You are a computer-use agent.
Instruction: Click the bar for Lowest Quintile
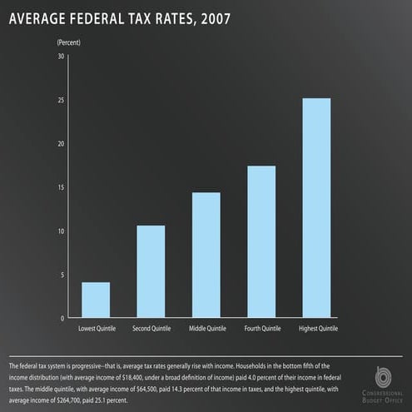[96, 300]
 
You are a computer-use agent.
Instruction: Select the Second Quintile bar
[151, 272]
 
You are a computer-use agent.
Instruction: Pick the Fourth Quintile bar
[261, 242]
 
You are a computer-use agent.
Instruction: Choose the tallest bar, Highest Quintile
[316, 208]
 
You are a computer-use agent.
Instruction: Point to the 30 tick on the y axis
[60, 57]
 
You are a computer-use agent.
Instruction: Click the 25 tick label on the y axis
[60, 101]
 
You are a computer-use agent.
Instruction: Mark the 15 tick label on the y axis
[60, 188]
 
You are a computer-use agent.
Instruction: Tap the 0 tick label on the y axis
[62, 319]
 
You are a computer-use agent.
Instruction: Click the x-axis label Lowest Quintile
[97, 330]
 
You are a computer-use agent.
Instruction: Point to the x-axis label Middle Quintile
[206, 330]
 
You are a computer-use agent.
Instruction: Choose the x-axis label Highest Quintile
[316, 330]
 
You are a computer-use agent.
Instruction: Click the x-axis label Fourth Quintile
[262, 330]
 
